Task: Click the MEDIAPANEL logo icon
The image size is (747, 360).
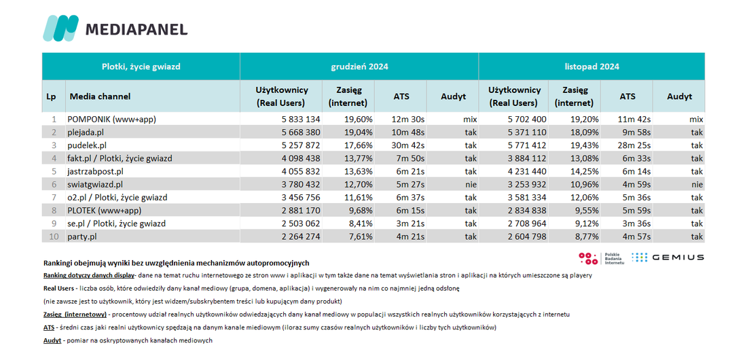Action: pos(60,28)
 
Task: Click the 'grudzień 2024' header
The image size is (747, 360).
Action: pos(359,67)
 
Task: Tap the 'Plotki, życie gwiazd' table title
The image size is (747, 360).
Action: pos(141,67)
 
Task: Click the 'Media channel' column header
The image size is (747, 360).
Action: pos(100,96)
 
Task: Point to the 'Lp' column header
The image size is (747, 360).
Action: pos(52,96)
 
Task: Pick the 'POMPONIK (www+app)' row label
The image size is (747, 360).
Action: pos(112,119)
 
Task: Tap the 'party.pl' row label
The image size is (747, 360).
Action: pos(82,236)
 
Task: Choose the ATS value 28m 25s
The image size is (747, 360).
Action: pos(627,145)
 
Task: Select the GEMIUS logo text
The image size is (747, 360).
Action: pos(678,257)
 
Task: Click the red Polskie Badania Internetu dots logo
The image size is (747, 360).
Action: pos(588,258)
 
